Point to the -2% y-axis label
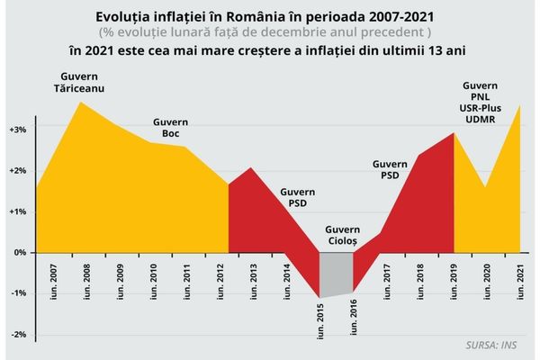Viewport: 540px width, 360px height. (19, 335)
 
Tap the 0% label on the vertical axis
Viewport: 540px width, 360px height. (21, 253)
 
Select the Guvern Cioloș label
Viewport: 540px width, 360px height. (341, 236)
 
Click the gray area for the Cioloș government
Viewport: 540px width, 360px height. (337, 270)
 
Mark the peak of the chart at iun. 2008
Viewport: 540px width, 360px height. (82, 102)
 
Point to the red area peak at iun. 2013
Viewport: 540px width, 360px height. (251, 168)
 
